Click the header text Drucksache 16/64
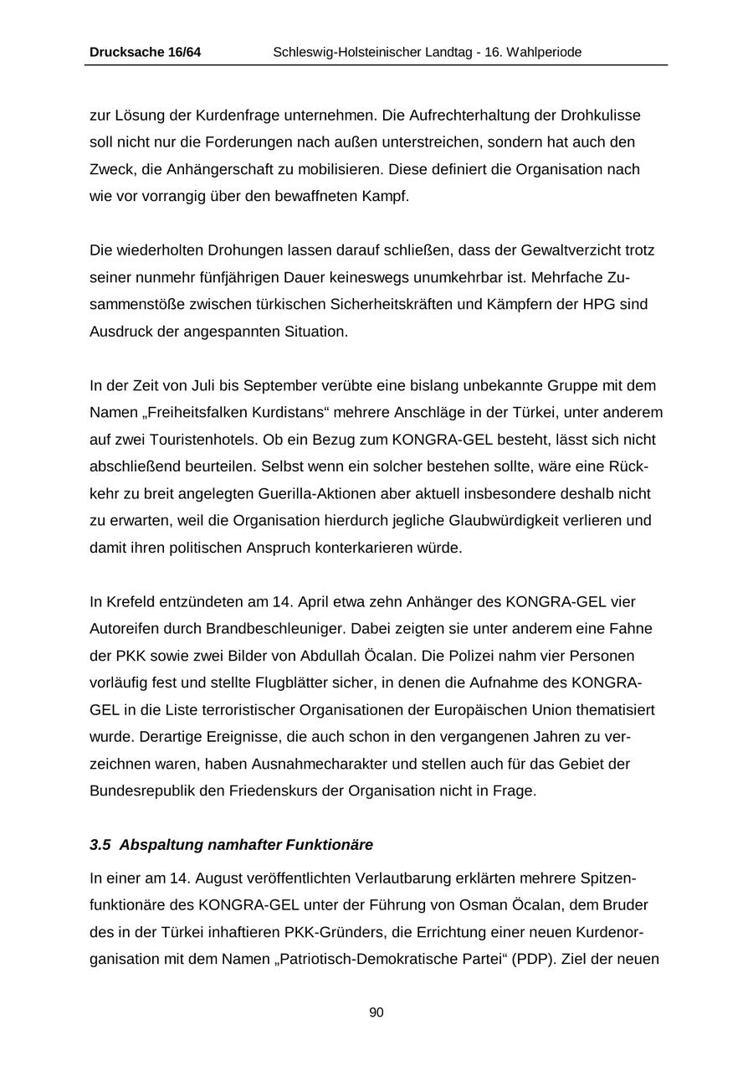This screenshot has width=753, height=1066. (x=145, y=53)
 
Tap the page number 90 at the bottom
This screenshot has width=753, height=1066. (x=376, y=1012)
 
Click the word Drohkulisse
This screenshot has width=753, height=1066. (x=601, y=115)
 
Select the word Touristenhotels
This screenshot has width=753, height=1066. (x=197, y=440)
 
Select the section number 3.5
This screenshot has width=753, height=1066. (x=100, y=844)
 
